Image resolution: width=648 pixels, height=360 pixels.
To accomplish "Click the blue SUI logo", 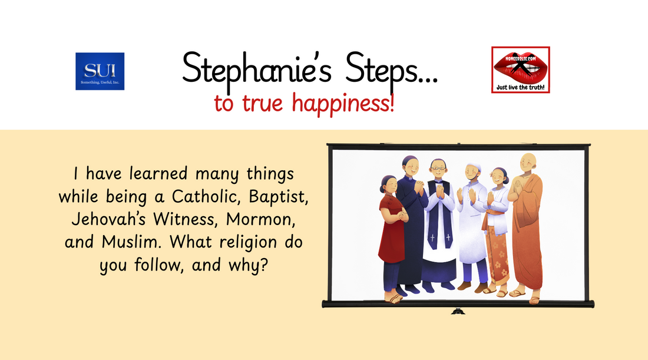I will [x=100, y=71].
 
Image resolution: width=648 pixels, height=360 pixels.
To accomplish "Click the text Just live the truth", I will [x=520, y=88].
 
